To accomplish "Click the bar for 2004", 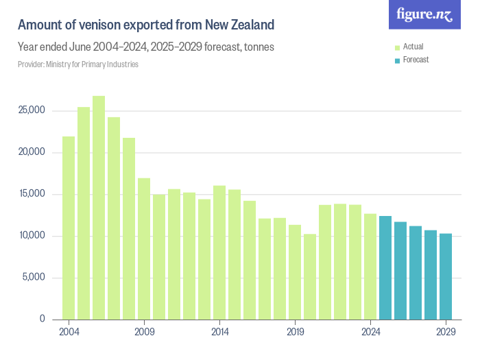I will pos(69,228).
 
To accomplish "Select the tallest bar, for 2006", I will pos(99,207).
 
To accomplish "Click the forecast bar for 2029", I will pos(446,276).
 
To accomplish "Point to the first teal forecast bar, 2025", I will pos(385,267).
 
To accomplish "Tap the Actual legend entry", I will pos(413,47).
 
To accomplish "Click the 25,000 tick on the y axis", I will pos(31,110).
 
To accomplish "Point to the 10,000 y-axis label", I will pos(31,236).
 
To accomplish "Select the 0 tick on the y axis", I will pos(42,320).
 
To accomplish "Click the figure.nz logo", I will pos(424,14).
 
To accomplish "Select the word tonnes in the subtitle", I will pos(261,47).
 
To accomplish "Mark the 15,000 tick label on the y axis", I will pos(31,194).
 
